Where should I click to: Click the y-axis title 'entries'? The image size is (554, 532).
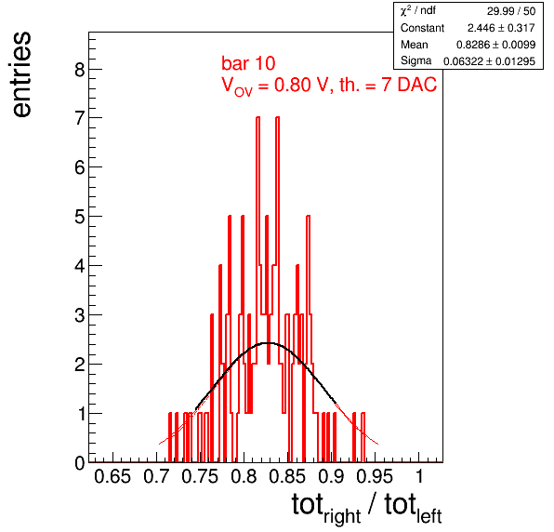point(21,74)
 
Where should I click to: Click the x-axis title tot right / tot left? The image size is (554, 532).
point(366,508)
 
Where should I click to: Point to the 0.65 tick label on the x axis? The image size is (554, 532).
point(112,477)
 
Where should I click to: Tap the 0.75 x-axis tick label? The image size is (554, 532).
point(200,477)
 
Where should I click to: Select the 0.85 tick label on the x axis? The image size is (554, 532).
point(287,477)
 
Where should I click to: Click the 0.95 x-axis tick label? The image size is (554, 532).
point(375,477)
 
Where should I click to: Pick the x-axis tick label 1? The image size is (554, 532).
point(419,477)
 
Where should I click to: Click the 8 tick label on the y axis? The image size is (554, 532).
point(80,70)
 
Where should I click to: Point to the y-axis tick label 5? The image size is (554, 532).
point(80,217)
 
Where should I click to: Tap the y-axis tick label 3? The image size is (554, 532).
point(80,315)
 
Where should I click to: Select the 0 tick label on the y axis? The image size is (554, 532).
point(80,463)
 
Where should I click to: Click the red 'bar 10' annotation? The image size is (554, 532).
point(248,63)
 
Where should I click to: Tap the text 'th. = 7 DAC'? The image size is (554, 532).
point(388,85)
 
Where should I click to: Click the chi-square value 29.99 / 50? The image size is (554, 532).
point(511,11)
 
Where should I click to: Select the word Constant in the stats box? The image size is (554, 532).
point(422,28)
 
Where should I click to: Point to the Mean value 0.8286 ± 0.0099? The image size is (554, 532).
point(495,45)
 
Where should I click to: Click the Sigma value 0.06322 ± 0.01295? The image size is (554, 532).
point(489,61)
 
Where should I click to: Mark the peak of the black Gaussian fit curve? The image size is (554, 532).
point(268,342)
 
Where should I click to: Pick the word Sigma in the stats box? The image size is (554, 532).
point(415,60)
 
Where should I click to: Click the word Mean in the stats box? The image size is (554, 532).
point(414,45)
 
